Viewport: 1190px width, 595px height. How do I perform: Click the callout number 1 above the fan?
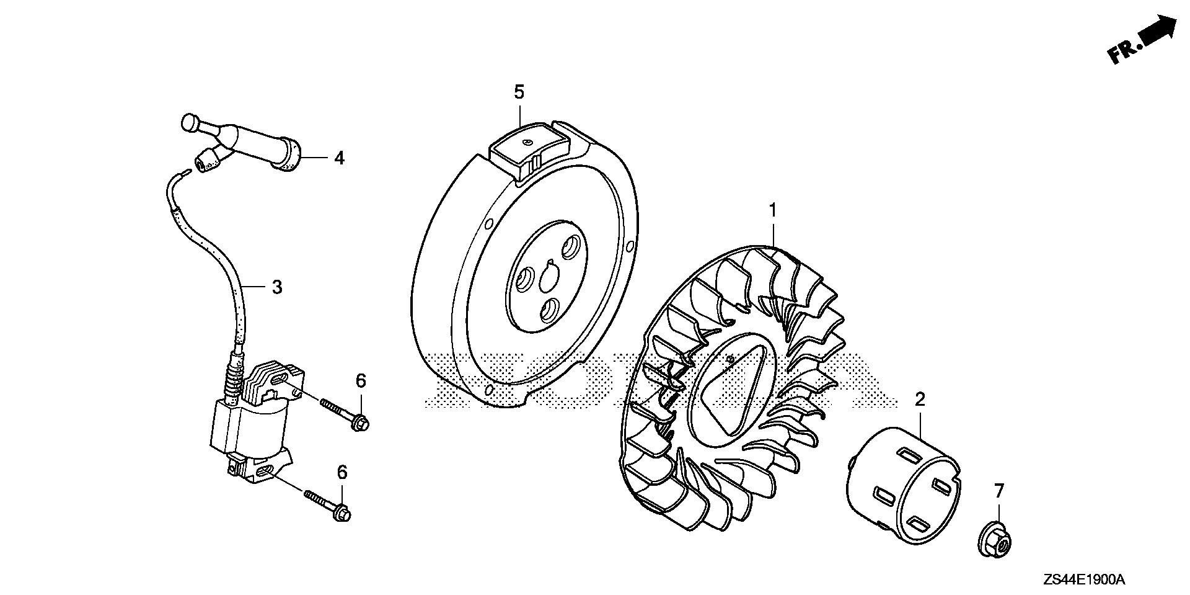click(773, 212)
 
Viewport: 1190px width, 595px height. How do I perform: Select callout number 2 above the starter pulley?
click(920, 399)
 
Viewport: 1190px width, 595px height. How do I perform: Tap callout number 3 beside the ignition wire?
click(277, 287)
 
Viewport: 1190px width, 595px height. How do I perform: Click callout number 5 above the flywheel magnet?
click(519, 92)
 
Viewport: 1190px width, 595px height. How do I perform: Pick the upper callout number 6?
click(360, 380)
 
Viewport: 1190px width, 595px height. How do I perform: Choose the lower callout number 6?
click(342, 473)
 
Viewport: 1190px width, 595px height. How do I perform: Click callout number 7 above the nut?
click(998, 491)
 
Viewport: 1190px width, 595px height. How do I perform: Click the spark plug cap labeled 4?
click(248, 137)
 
